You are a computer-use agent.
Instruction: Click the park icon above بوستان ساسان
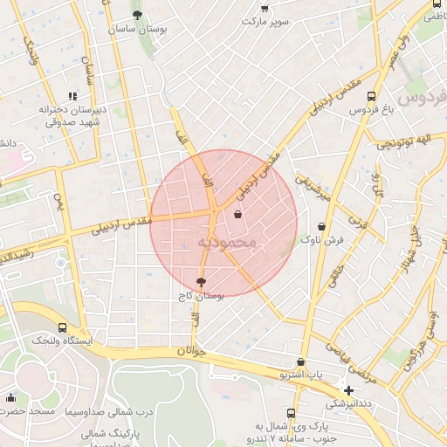point(137,15)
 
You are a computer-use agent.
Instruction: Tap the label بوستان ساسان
point(137,29)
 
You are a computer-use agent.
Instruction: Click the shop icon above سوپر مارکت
point(265,7)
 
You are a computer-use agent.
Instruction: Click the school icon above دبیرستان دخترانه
point(72,96)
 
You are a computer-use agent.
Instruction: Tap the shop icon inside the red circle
point(238,214)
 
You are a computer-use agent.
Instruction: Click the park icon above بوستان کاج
point(202,282)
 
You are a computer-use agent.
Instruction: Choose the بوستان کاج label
point(202,296)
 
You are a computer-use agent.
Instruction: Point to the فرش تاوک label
point(322,238)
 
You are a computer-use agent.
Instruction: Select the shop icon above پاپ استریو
point(301,361)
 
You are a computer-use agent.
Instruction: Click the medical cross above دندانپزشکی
point(349,390)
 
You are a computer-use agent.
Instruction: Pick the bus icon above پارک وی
point(291,412)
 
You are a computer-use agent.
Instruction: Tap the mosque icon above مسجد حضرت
point(10,397)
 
